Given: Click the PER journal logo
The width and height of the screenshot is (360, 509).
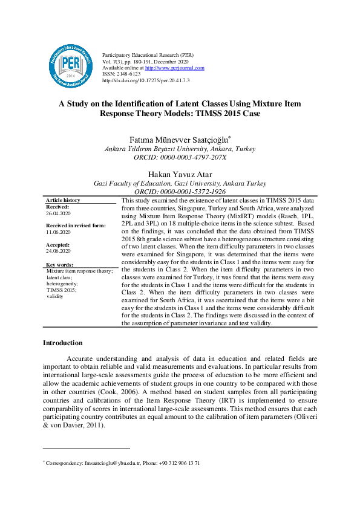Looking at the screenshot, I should coord(71,63).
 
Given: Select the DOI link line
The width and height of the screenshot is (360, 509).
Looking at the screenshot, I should coord(146,80).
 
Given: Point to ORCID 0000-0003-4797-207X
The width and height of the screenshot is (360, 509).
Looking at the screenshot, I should coord(180,157).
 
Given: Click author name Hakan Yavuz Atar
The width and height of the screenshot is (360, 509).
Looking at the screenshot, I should coord(180,173).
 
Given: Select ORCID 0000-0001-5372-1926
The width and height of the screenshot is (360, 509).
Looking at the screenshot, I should coord(180,191).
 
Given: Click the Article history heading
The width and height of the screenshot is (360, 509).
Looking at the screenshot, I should coord(63,200).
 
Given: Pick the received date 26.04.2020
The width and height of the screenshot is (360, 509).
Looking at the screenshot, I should coord(58,213).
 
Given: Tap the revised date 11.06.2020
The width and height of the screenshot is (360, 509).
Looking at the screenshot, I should coord(58,232).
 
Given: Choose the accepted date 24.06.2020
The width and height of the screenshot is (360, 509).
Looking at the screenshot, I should coord(58,250).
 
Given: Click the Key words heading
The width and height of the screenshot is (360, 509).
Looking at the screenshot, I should coord(59,265).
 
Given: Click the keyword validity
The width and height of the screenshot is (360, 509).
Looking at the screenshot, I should coord(55,297).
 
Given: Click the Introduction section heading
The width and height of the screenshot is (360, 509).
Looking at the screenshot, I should coord(62,343).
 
